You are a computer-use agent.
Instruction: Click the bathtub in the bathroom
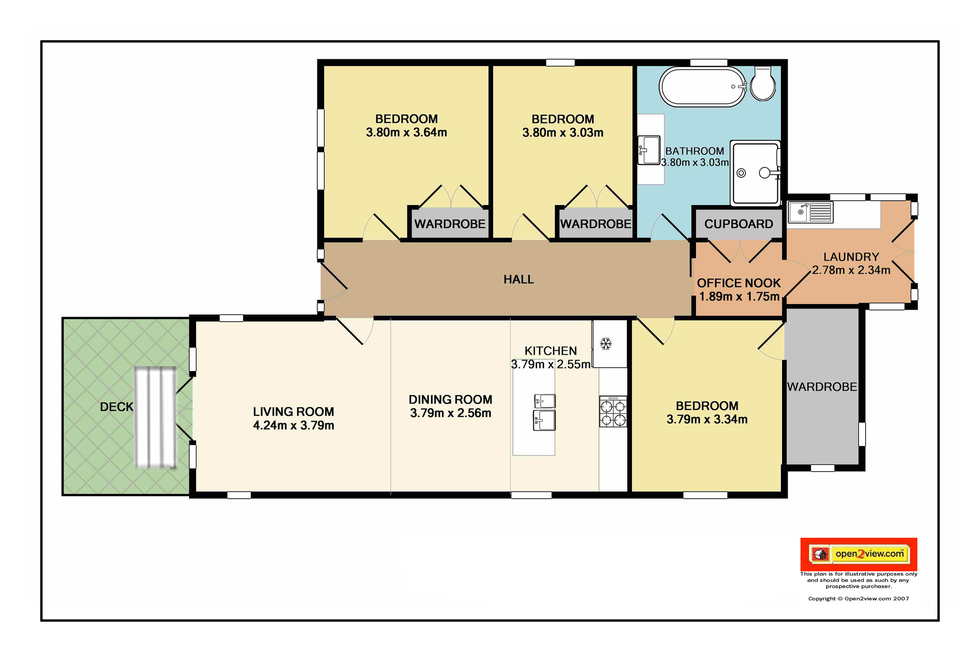point(703,86)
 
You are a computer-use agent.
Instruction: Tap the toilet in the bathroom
point(763,83)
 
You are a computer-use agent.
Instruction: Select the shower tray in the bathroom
point(756,173)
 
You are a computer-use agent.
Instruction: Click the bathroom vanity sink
point(648,150)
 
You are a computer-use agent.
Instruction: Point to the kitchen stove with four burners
point(613,411)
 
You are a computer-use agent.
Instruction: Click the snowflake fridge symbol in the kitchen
point(606,343)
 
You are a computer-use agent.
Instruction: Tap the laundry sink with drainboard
point(810,212)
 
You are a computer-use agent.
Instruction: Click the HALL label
point(519,280)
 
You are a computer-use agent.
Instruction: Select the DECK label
point(116,407)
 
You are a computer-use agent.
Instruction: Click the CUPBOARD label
point(738,224)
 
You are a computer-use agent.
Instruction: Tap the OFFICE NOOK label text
point(739,283)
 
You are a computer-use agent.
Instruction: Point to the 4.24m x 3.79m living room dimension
point(294,425)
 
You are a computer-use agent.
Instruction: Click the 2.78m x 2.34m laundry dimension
point(851,270)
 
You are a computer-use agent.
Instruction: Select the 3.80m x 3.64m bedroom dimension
point(407,132)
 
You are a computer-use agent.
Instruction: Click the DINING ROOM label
point(450,400)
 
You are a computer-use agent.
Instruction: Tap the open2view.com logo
point(859,554)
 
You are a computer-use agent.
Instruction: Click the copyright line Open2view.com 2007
point(859,599)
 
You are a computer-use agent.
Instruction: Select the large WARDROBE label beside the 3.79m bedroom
point(822,387)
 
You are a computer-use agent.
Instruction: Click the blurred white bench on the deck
point(155,418)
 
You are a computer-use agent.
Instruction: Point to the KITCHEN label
point(551,351)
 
